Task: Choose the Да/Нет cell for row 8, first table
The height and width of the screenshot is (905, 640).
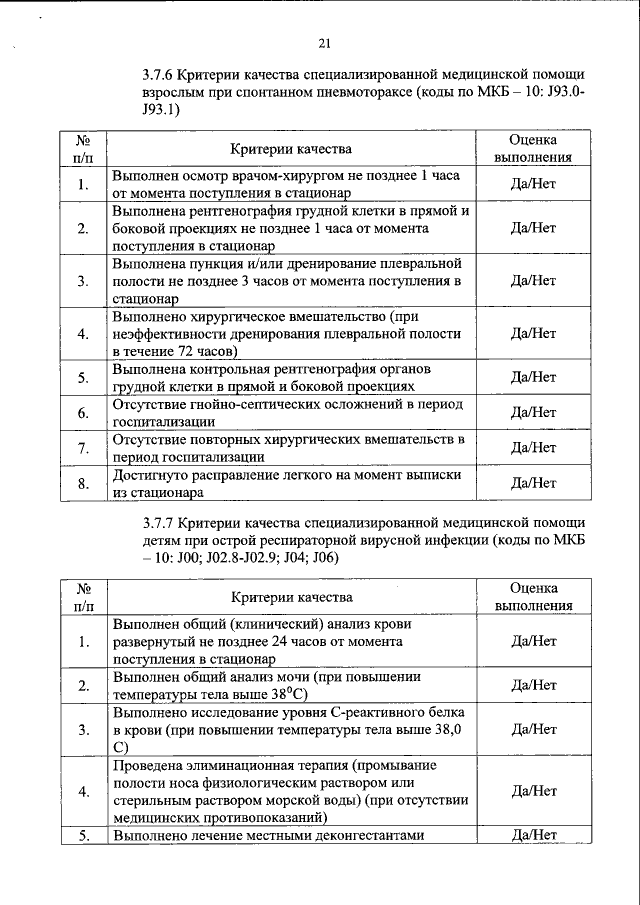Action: (x=533, y=483)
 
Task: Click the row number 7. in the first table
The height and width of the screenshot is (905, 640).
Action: (x=82, y=448)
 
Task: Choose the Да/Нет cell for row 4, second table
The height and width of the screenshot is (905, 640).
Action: (x=533, y=790)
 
